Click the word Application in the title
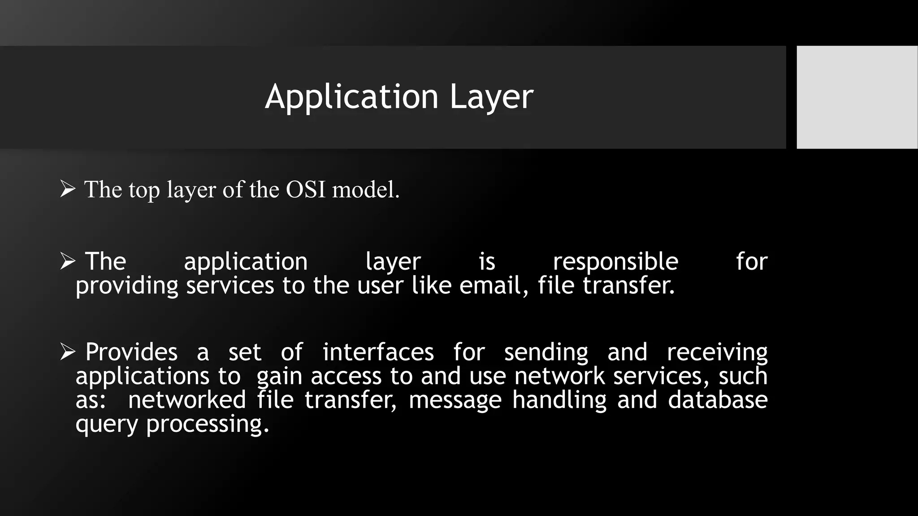coord(351,97)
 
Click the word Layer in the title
coord(491,97)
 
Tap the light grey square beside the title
coord(857,97)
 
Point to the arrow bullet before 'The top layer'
coord(68,189)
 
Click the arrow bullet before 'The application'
coord(68,261)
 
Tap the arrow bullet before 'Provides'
coord(68,352)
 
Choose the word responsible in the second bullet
coord(615,262)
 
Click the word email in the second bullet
coord(493,285)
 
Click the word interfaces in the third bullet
coord(378,352)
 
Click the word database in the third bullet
coord(718,400)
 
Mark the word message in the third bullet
coord(455,400)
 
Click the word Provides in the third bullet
coord(131,352)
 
